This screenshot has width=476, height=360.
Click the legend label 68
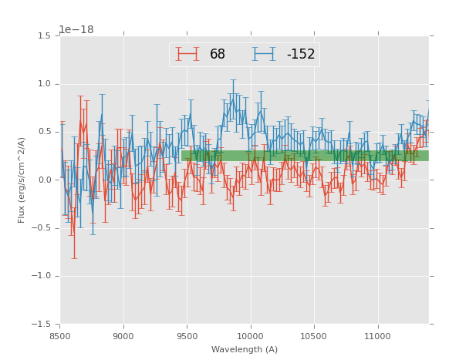coord(218,55)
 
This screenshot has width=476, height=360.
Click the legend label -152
coord(300,55)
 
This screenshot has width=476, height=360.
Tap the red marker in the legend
coord(187,54)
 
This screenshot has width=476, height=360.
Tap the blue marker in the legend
coord(263,54)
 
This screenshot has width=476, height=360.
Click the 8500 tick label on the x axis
coord(60,335)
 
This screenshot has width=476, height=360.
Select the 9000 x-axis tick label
coord(123,335)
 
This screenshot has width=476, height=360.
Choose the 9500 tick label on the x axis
coord(187,335)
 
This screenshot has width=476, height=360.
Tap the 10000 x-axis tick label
coord(250,335)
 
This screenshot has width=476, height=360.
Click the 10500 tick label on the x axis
coord(314,335)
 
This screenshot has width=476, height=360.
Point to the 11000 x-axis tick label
coord(377,335)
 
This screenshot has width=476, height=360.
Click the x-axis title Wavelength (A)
coord(245,350)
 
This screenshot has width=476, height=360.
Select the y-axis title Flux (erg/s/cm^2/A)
coord(22,180)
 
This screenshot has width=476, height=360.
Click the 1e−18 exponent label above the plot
coord(76,30)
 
